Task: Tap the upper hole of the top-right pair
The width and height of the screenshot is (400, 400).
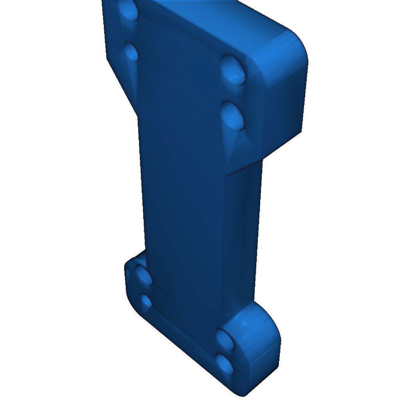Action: click(x=233, y=69)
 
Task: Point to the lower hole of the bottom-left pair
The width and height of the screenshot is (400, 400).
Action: click(x=146, y=302)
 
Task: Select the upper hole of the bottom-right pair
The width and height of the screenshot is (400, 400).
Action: click(x=225, y=339)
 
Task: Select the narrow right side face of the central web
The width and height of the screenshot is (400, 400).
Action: click(x=240, y=234)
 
